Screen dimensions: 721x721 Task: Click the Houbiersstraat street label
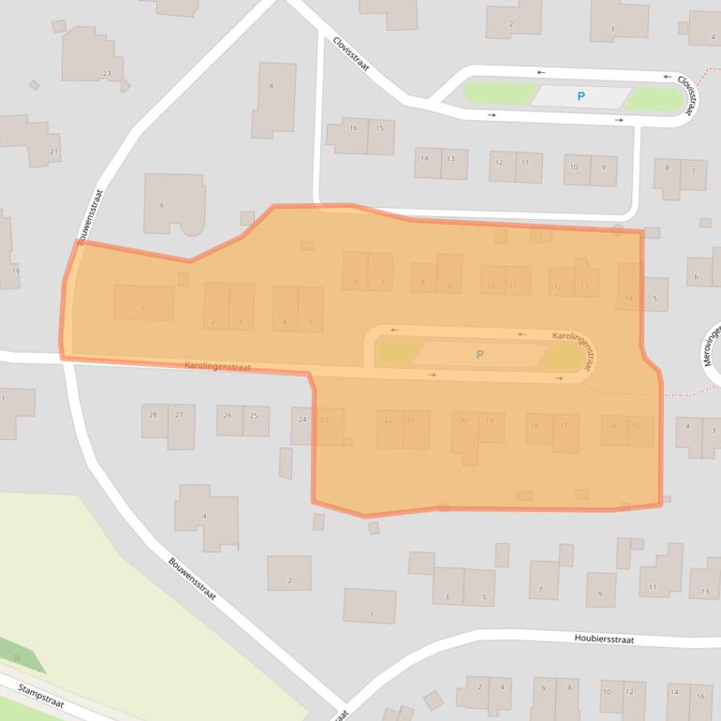click(x=604, y=640)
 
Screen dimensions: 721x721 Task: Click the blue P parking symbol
click(x=581, y=96)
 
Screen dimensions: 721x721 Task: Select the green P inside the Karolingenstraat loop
click(x=480, y=354)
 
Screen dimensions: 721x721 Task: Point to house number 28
click(x=153, y=414)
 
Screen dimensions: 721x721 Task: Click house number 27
click(x=178, y=414)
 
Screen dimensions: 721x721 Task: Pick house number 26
click(x=228, y=415)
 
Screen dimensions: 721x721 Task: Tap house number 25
click(x=253, y=415)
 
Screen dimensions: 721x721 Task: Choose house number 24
click(x=302, y=419)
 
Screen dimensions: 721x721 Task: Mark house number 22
click(x=387, y=419)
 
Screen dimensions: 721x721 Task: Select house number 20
click(x=462, y=421)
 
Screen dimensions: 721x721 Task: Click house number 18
click(x=536, y=425)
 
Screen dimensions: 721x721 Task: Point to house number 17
click(x=564, y=425)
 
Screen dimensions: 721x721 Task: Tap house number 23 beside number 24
click(x=325, y=419)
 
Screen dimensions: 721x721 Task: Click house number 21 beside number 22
click(x=410, y=419)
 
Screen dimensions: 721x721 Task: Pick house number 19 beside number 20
click(x=488, y=421)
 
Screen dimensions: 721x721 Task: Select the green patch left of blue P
click(x=500, y=94)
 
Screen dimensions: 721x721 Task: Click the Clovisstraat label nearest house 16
click(x=352, y=55)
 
